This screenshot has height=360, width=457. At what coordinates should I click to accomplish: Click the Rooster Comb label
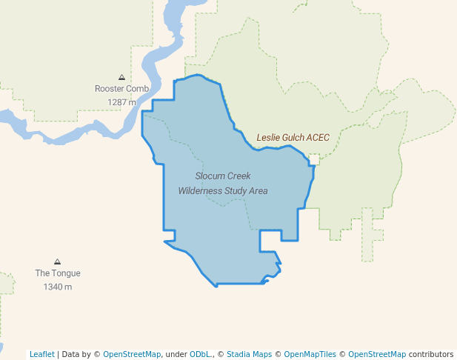(x=121, y=89)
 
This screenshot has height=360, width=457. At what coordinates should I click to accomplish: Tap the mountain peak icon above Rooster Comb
(x=121, y=77)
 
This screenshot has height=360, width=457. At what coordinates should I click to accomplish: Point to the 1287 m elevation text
(x=121, y=102)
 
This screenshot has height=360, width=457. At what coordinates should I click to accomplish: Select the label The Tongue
(x=58, y=273)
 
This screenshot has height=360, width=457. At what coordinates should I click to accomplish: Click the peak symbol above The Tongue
(x=57, y=261)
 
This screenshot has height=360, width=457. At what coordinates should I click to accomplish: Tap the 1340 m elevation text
(x=58, y=287)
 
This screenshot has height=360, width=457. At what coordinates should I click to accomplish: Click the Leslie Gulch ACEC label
(x=293, y=138)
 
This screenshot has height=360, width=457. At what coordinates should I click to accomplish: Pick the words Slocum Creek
(x=223, y=176)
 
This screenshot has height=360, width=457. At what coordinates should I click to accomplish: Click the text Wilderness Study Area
(x=223, y=190)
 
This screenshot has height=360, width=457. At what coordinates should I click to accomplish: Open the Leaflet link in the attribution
(x=41, y=354)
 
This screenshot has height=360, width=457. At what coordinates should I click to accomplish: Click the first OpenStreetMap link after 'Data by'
(x=132, y=354)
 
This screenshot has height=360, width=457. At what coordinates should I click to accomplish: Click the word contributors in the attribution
(x=430, y=354)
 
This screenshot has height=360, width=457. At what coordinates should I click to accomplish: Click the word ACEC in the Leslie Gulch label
(x=317, y=138)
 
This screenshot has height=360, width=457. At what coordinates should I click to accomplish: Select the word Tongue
(x=67, y=273)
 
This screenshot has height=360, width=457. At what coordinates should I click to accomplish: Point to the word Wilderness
(x=200, y=190)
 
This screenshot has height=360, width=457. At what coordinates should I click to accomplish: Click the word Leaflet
(x=41, y=354)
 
